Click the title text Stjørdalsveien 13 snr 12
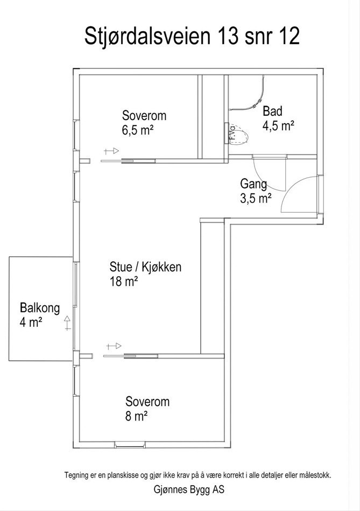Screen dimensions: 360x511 [192, 37]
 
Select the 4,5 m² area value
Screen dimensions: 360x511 [278, 126]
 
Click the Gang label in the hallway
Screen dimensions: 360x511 [253, 185]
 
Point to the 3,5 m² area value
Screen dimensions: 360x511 [256, 198]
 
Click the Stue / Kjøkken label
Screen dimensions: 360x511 [145, 267]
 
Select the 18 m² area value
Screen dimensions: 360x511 [124, 281]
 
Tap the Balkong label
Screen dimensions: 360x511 [40, 308]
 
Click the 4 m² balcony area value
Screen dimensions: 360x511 [31, 323]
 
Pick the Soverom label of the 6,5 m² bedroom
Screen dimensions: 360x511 [144, 115]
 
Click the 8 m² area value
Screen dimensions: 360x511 [137, 416]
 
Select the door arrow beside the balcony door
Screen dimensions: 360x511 [67, 323]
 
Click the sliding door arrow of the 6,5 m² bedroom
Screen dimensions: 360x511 [111, 151]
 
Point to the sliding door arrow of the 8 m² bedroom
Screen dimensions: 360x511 [114, 346]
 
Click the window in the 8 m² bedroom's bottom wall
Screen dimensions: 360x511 [130, 445]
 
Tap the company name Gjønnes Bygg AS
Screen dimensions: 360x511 [189, 489]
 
